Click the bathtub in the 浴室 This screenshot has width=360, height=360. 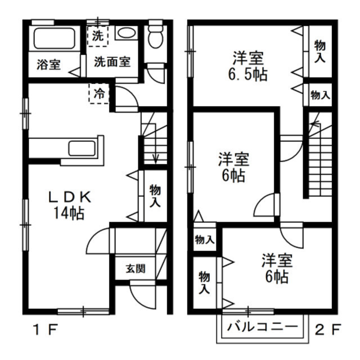point(55,38)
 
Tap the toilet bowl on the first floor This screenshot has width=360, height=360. point(156,37)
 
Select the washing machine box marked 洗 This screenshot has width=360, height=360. point(98,36)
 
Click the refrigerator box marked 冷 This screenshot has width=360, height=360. point(99,93)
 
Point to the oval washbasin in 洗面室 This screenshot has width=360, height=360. point(126,33)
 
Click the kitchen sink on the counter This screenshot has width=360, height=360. point(82,148)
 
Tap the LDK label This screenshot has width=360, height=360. point(70,197)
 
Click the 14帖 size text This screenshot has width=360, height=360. point(69,213)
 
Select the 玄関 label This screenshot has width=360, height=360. point(136,268)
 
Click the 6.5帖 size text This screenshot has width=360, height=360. point(248,74)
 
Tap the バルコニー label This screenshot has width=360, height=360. point(263,326)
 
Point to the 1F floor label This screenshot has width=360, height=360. point(45,330)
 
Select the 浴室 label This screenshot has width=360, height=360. point(49,65)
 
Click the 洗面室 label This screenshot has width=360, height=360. point(112,61)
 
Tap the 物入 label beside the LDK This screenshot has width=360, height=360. point(155,196)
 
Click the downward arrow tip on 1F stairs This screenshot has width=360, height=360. point(156,163)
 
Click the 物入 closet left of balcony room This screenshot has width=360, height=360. point(204,283)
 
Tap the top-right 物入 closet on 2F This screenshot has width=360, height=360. point(320,51)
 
